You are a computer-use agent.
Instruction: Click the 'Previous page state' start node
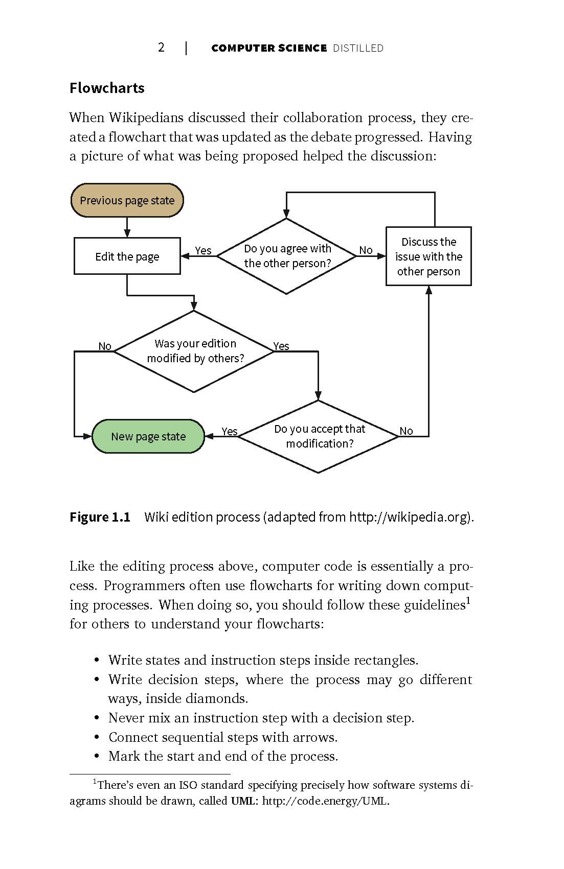127,200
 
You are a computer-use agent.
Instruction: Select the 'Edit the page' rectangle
127,256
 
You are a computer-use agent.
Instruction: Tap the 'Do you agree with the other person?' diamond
286,256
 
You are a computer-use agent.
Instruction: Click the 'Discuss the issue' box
428,256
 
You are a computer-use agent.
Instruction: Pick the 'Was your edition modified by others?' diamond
194,351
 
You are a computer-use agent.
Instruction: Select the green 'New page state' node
148,436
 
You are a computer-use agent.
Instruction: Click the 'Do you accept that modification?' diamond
319,436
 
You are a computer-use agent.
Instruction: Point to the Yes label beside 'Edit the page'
203,250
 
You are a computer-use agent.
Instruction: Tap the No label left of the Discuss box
366,250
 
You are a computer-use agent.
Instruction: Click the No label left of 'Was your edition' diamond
105,346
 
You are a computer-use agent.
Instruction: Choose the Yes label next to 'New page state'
230,431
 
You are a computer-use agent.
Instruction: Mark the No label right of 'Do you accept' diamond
406,431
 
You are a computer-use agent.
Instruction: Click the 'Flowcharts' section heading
107,88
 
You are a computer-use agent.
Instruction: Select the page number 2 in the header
161,48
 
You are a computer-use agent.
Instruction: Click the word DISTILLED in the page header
358,48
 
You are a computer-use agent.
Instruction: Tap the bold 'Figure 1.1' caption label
100,517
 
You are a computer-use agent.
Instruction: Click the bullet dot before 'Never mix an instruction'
97,718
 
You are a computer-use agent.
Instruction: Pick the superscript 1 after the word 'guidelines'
468,600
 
